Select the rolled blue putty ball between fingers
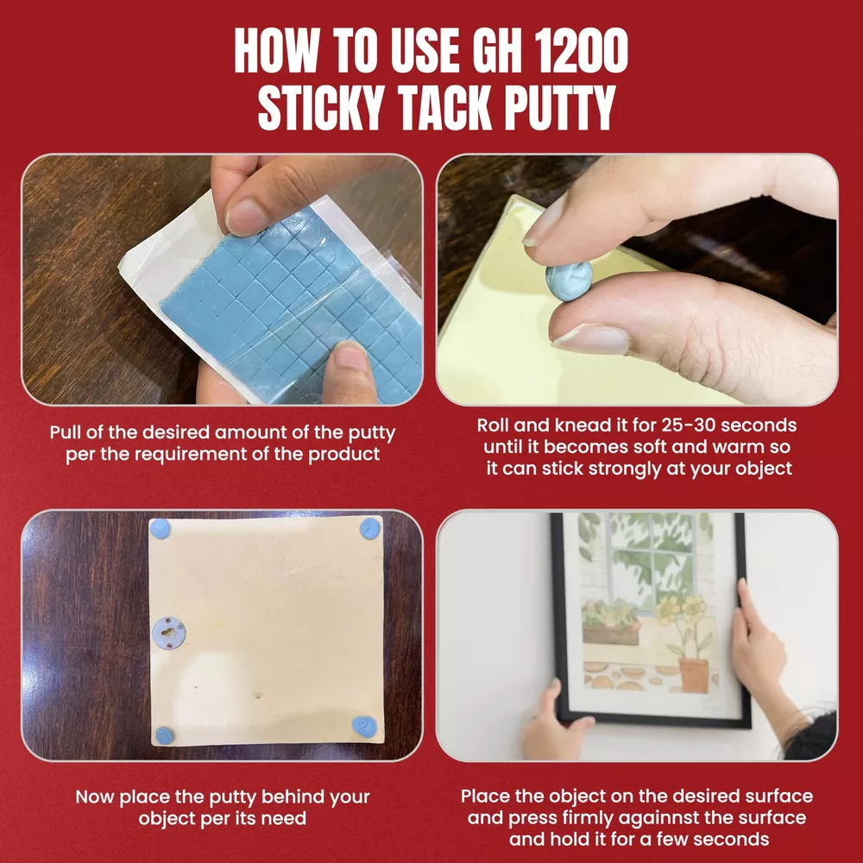coord(569,280)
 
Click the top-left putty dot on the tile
coord(161,529)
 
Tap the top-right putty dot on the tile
coord(370,528)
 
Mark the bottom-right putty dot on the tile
coord(364,726)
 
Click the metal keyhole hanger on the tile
coord(168,633)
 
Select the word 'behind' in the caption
coord(293,797)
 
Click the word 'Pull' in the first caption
coord(66,432)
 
